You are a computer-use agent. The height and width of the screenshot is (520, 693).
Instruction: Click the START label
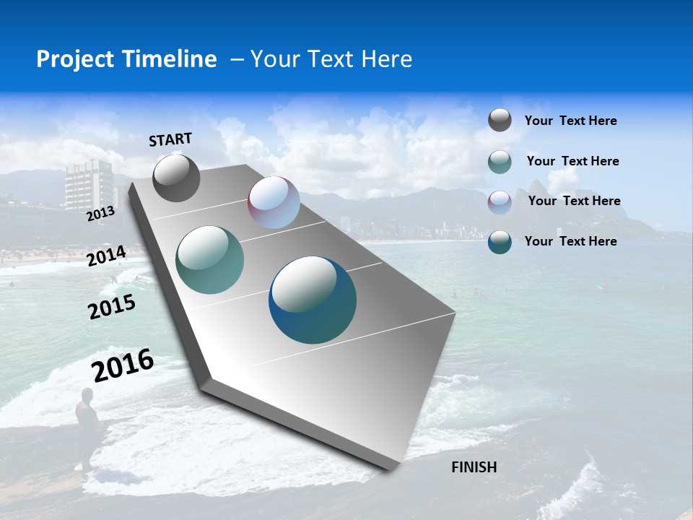coord(170,139)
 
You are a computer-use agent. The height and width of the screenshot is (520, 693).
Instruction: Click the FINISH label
coord(474,467)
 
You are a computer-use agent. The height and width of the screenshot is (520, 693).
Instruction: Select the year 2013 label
coord(100,214)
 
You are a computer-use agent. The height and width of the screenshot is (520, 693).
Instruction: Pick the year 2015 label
coord(112,307)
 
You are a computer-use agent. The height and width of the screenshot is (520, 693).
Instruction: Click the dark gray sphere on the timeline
coord(176,178)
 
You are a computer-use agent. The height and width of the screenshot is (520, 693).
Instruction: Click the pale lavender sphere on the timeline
coord(274,202)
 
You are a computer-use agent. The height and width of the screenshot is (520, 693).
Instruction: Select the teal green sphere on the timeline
coord(210,260)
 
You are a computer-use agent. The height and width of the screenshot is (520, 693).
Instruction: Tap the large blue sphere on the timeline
coord(313,300)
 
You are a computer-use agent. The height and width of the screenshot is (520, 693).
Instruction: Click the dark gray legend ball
coord(500,121)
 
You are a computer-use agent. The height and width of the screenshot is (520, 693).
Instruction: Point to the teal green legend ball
coord(500,162)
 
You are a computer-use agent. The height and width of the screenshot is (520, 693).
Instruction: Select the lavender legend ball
coord(500,201)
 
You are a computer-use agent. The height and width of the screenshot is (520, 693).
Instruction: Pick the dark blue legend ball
coord(500,242)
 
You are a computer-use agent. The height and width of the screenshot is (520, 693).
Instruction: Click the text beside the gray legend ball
coord(570,121)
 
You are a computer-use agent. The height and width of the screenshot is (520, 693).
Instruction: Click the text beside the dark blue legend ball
coord(570,241)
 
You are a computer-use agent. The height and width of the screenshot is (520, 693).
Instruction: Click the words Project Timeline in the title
coord(126,59)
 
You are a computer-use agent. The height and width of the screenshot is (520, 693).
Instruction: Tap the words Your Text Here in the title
coord(331,59)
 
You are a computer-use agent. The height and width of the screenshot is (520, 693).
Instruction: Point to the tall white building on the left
coord(89,186)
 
